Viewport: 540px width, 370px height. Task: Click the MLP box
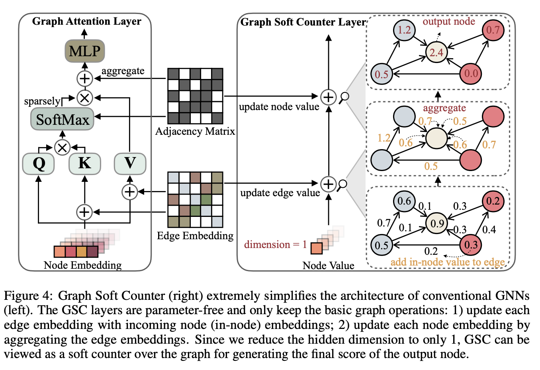point(84,51)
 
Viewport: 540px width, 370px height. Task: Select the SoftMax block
point(63,119)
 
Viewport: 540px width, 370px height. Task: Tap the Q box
point(39,163)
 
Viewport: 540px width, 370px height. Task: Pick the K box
point(84,163)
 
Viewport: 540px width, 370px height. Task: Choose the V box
point(130,163)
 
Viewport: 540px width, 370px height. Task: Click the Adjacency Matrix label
point(195,131)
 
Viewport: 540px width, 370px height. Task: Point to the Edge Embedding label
point(195,236)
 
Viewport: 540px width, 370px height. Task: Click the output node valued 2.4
point(436,52)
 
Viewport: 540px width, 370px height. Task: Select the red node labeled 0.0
point(471,73)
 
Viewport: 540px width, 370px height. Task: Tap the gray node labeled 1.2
point(404,30)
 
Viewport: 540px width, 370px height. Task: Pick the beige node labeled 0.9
point(437,223)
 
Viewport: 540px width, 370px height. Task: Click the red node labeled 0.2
point(493,201)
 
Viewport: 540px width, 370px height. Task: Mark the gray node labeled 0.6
point(404,201)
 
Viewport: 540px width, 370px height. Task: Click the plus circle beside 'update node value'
point(329,97)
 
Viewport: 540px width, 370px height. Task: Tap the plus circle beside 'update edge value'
point(329,184)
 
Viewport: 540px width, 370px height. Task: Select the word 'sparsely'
point(42,101)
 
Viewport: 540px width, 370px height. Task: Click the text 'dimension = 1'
point(275,244)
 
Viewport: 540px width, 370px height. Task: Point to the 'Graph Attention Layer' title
point(86,21)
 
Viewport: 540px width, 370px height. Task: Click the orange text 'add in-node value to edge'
point(448,262)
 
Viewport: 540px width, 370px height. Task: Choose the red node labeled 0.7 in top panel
point(493,30)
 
